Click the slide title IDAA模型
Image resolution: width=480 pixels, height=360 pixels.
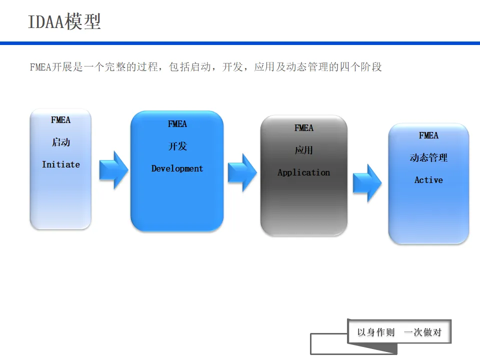(x=64, y=22)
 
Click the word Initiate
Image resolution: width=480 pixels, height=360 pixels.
(x=60, y=164)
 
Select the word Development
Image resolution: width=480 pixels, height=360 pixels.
(x=177, y=168)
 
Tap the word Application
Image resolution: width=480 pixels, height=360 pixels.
(x=303, y=172)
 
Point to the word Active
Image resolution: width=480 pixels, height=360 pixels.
(x=428, y=180)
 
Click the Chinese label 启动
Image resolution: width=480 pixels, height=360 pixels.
(x=60, y=142)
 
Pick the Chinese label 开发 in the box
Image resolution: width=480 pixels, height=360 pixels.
(x=177, y=146)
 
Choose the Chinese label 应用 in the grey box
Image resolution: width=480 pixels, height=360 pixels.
(x=303, y=150)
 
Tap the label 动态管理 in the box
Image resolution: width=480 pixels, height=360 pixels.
(x=428, y=158)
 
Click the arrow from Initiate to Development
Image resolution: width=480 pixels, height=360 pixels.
(x=113, y=170)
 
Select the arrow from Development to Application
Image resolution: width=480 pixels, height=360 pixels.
(x=242, y=172)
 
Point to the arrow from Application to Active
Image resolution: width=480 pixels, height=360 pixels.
(x=367, y=183)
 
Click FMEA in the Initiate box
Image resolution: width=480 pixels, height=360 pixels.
(x=60, y=120)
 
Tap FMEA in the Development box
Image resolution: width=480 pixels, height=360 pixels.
(x=177, y=124)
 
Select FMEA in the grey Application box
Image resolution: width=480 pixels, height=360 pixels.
(x=303, y=128)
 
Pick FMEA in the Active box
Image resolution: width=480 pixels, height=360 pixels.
(x=428, y=135)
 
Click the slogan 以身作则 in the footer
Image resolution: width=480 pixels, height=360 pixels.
(x=376, y=332)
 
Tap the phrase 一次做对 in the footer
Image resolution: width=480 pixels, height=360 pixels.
(x=422, y=332)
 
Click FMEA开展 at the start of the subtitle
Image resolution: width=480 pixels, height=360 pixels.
(x=51, y=67)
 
